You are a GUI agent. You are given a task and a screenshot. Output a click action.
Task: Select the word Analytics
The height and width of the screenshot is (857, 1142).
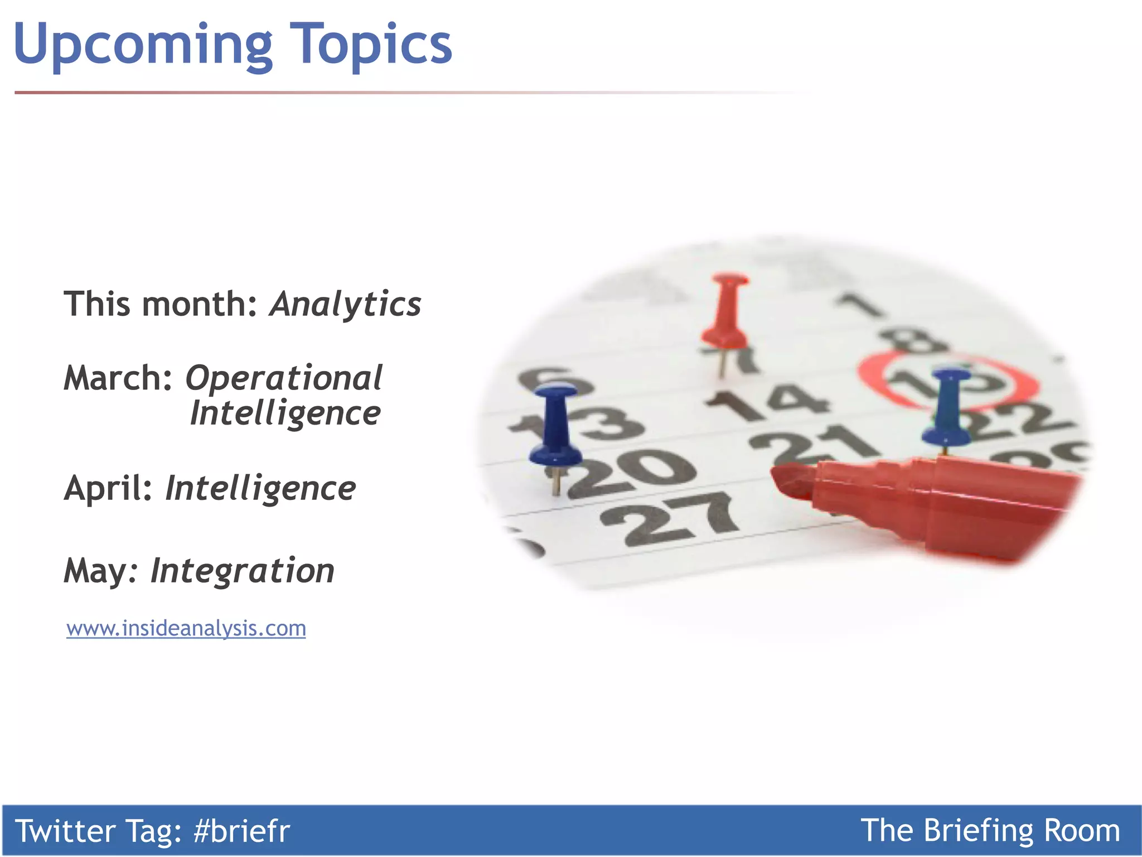click(x=345, y=305)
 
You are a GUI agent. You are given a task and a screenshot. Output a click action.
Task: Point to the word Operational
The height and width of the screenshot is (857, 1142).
click(x=284, y=379)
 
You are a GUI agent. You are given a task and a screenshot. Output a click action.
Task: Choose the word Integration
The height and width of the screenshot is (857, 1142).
click(x=243, y=571)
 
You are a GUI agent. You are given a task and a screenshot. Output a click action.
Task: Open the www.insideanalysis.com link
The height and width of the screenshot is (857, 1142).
click(x=186, y=628)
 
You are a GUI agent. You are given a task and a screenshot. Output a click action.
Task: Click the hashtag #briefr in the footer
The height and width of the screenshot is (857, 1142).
click(x=241, y=831)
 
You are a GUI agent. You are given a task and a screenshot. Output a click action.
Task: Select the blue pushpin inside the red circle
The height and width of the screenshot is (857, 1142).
click(x=949, y=407)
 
